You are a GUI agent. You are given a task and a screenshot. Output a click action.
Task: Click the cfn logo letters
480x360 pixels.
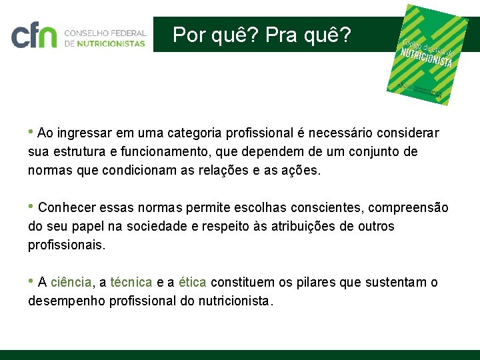pyautogui.click(x=34, y=35)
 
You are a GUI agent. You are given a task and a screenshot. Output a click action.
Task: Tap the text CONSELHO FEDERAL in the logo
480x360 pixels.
pyautogui.click(x=105, y=31)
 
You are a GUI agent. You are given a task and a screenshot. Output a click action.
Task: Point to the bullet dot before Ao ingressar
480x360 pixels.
pyautogui.click(x=31, y=130)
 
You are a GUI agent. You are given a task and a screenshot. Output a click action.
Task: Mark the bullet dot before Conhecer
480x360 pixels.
pyautogui.click(x=31, y=205)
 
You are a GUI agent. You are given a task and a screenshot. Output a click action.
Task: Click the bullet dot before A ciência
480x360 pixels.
pyautogui.click(x=31, y=280)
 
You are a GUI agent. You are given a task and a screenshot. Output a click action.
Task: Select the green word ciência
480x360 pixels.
pyautogui.click(x=71, y=283)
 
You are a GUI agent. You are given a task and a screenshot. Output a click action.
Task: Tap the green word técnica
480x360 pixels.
pyautogui.click(x=131, y=283)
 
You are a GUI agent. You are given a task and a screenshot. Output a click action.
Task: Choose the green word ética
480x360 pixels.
pyautogui.click(x=193, y=283)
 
